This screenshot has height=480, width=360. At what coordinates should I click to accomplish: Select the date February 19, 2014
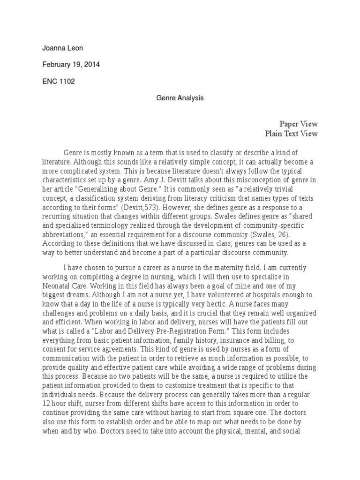coord(71,65)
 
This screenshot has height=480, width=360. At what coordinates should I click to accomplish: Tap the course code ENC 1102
coord(59,81)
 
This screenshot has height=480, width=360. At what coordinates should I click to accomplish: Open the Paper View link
coord(299,124)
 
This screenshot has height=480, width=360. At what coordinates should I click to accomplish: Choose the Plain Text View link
coord(291,134)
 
